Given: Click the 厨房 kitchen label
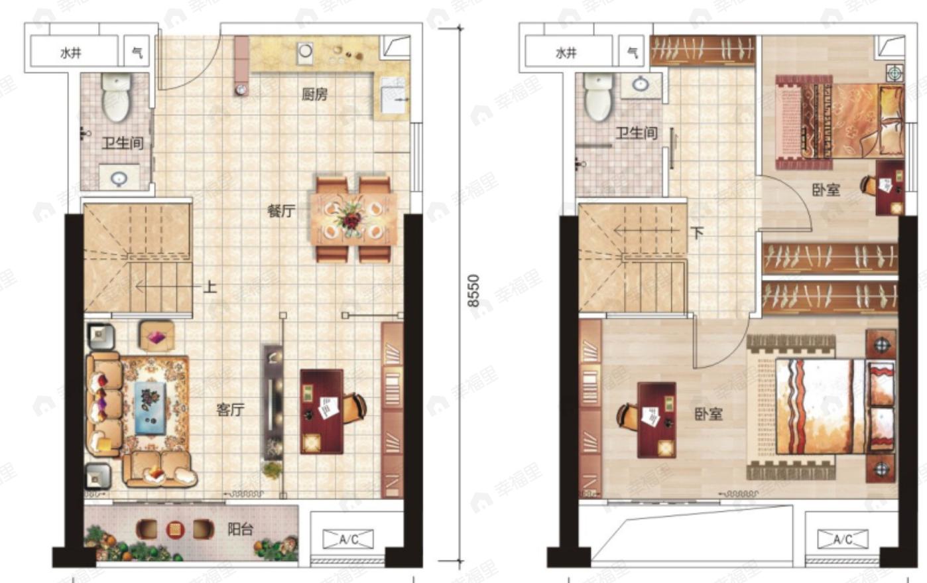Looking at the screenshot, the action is pos(314,95).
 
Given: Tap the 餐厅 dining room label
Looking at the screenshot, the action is pos(281,211).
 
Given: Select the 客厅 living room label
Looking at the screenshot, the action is pos(231,410).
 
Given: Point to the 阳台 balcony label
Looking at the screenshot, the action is pos(241,529).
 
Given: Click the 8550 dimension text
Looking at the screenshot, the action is pos(473,291).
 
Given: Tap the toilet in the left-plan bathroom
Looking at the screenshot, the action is pos(117,97).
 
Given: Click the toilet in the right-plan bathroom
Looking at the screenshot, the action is pos(597,97).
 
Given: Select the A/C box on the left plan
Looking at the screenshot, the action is pos(348,539).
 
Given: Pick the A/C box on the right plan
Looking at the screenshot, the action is pos(843,539).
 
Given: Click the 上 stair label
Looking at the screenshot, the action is pos(210,287).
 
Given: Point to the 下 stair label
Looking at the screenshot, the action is pos(697,233).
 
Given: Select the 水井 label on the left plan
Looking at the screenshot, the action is pos(71,53).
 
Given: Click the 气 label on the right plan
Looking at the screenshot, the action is pos(633,52).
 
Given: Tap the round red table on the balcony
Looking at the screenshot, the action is pos(176,529).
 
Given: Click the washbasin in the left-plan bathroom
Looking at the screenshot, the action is pos(119,179).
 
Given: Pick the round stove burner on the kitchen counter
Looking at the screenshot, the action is pos(306,51).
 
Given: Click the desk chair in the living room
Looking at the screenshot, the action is pos(354,408).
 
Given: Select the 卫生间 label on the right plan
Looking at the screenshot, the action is pos(637,133).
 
